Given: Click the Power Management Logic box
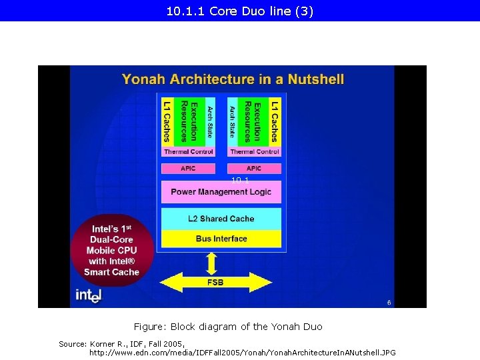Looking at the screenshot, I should tap(221, 192).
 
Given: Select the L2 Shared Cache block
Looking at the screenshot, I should tap(221, 219).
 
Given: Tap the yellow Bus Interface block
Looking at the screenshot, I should tap(221, 239).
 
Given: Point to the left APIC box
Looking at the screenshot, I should tap(188, 169).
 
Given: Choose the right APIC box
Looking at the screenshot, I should tap(254, 169).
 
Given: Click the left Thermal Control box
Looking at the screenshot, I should tap(188, 152).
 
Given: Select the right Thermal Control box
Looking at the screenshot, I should tap(254, 152).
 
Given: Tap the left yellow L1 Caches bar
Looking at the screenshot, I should tap(167, 121).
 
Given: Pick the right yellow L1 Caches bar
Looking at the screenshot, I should tap(274, 121).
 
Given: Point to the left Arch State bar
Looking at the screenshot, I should tap(209, 121).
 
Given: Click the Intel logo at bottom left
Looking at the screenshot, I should tap(88, 294).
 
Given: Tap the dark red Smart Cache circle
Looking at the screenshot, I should tap(111, 250).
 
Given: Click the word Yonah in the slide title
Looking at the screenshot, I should tap(144, 79).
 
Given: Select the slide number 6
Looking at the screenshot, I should tap(389, 302).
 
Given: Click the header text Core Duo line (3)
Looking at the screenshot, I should tap(261, 11).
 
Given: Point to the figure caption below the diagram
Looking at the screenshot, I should tap(227, 327).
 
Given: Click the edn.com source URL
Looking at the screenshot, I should tap(242, 352).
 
